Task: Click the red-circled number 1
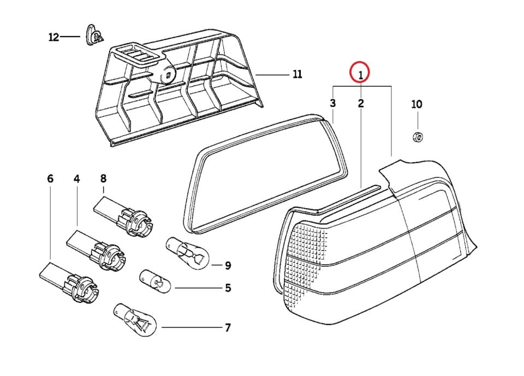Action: click(360, 72)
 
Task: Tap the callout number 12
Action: click(53, 37)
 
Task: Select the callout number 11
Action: click(297, 74)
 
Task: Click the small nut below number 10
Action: click(417, 136)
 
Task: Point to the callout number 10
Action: click(416, 104)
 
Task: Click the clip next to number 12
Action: click(95, 36)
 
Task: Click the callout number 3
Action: click(332, 103)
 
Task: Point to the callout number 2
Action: click(361, 103)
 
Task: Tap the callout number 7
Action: click(228, 328)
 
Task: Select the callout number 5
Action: click(228, 288)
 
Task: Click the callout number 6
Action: click(51, 178)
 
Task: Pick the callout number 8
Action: click(103, 178)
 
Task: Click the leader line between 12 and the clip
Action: click(70, 37)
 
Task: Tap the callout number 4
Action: click(77, 178)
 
